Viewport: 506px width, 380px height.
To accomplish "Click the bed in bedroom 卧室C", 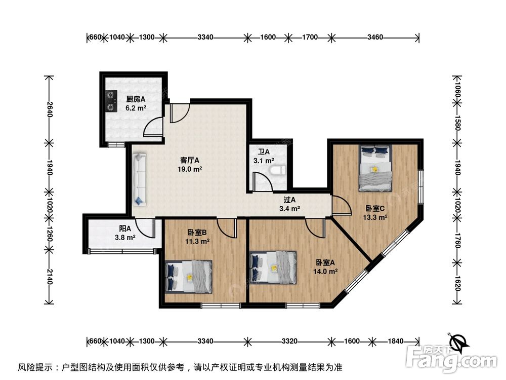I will tap(375, 168).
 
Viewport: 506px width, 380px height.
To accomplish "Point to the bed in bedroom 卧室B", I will tap(189, 276).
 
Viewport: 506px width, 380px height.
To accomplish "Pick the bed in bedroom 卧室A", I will tap(274, 268).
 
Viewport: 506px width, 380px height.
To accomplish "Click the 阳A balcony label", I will tap(125, 229).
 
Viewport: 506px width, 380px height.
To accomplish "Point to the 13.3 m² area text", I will tap(375, 217).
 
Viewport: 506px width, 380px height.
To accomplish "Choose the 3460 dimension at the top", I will tap(375, 37).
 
